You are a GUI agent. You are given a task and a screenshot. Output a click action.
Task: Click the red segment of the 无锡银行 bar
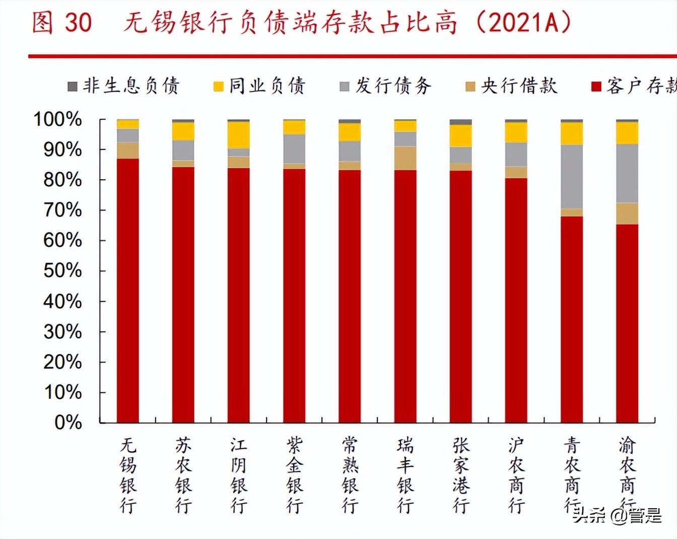[x=127, y=290]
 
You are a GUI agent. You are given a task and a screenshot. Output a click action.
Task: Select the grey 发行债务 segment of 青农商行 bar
[x=572, y=177]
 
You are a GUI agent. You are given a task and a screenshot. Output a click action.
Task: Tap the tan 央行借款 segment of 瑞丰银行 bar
[x=405, y=158]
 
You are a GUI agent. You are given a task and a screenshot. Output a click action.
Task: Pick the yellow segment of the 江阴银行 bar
[x=238, y=135]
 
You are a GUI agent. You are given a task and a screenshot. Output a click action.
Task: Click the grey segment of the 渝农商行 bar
[x=627, y=173]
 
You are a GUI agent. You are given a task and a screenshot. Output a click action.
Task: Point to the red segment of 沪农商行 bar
[x=516, y=300]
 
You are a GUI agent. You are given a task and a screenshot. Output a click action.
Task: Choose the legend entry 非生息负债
[x=123, y=86]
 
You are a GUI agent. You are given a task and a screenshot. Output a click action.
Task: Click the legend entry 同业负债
[x=259, y=86]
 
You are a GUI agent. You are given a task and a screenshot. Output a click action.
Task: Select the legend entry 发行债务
[x=386, y=86]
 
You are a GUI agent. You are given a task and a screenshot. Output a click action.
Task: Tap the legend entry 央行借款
[x=512, y=86]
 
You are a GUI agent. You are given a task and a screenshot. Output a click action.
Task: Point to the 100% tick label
[x=57, y=119]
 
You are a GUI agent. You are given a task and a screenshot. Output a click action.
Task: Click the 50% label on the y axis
[x=62, y=271]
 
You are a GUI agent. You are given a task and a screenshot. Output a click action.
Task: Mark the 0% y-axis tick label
[x=68, y=422]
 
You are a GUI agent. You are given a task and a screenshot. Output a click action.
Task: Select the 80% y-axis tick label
[x=62, y=180]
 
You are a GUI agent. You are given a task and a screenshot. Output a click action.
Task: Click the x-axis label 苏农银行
[x=183, y=475]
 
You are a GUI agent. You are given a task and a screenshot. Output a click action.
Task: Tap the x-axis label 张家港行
[x=461, y=475]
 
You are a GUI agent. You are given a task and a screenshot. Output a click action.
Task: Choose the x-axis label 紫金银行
[x=294, y=475]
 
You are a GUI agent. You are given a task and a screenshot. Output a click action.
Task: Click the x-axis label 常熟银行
[x=350, y=475]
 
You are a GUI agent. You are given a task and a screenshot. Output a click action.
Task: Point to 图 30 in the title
[x=61, y=23]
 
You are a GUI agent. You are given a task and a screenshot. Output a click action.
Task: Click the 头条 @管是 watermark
[x=618, y=515]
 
